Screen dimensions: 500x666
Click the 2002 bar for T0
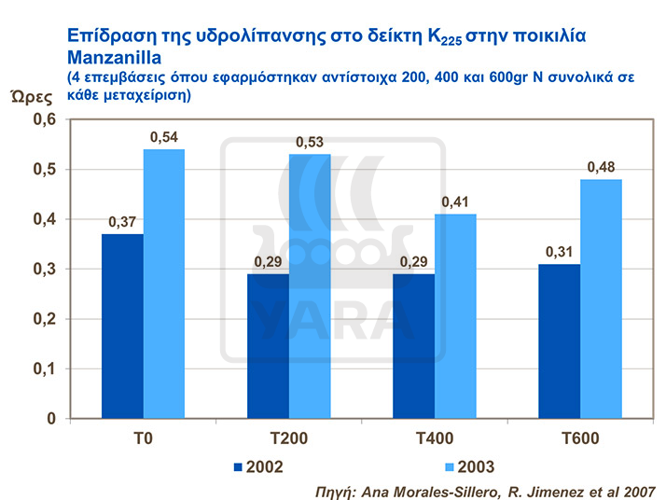(123, 326)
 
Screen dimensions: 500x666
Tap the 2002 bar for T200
(268, 346)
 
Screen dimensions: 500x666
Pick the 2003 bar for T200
(310, 285)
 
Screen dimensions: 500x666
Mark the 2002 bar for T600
(560, 340)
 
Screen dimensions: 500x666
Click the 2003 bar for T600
(602, 299)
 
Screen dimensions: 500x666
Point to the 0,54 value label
(165, 138)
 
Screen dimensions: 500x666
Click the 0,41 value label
(456, 202)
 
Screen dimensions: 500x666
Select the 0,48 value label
(602, 168)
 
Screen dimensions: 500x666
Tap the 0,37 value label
(123, 222)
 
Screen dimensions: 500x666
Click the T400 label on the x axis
(435, 438)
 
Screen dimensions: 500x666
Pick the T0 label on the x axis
(144, 438)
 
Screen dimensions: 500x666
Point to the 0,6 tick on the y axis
(45, 120)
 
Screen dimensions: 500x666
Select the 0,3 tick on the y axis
(45, 270)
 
